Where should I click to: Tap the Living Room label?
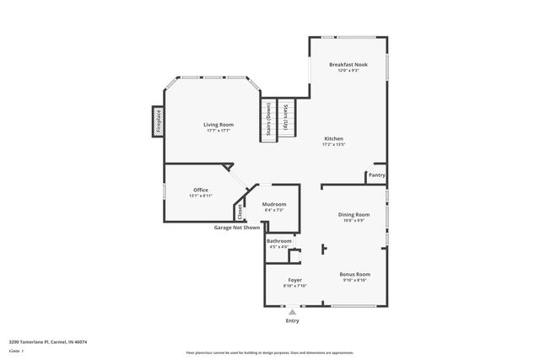(x=218, y=125)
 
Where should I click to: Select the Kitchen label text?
(x=334, y=138)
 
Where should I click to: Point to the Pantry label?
(x=377, y=175)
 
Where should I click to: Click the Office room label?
(x=201, y=190)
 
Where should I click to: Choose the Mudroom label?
(x=274, y=204)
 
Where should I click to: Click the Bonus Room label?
(x=355, y=274)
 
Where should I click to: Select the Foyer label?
(x=294, y=280)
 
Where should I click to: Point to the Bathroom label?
(x=279, y=241)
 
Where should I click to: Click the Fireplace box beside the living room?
(x=157, y=121)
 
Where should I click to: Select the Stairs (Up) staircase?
(x=288, y=117)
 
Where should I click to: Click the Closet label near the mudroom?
(x=240, y=212)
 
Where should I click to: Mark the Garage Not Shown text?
(x=236, y=228)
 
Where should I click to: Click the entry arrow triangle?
(x=292, y=310)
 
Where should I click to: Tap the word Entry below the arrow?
(x=292, y=320)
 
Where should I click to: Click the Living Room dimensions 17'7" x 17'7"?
(x=218, y=131)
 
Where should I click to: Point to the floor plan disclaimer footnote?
(x=270, y=352)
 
